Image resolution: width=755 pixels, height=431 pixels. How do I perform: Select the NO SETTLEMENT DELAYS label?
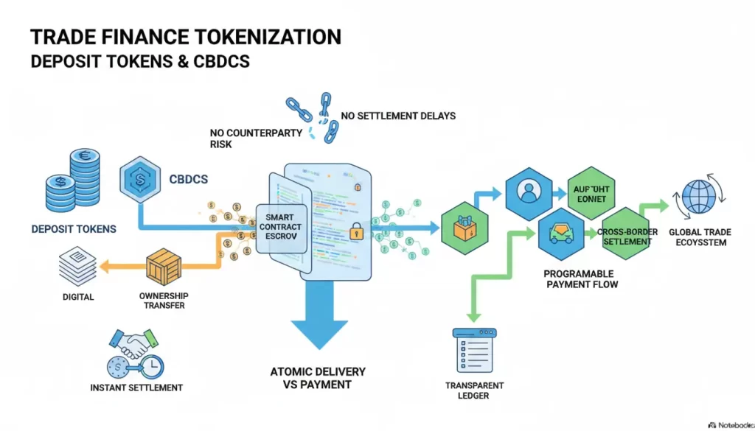tap(398, 116)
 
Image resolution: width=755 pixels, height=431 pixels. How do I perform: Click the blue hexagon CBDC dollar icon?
tap(140, 179)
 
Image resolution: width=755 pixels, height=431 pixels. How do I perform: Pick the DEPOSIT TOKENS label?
tap(74, 229)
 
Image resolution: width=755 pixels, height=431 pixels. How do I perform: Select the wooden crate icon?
tap(164, 267)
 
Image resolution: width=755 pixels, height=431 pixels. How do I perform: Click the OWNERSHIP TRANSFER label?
tap(164, 300)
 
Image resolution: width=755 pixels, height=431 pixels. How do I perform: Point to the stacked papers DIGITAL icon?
tap(77, 266)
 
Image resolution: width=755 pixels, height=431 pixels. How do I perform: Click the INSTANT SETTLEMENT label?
tap(136, 388)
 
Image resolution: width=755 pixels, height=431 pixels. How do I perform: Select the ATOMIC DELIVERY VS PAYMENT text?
tap(318, 378)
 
